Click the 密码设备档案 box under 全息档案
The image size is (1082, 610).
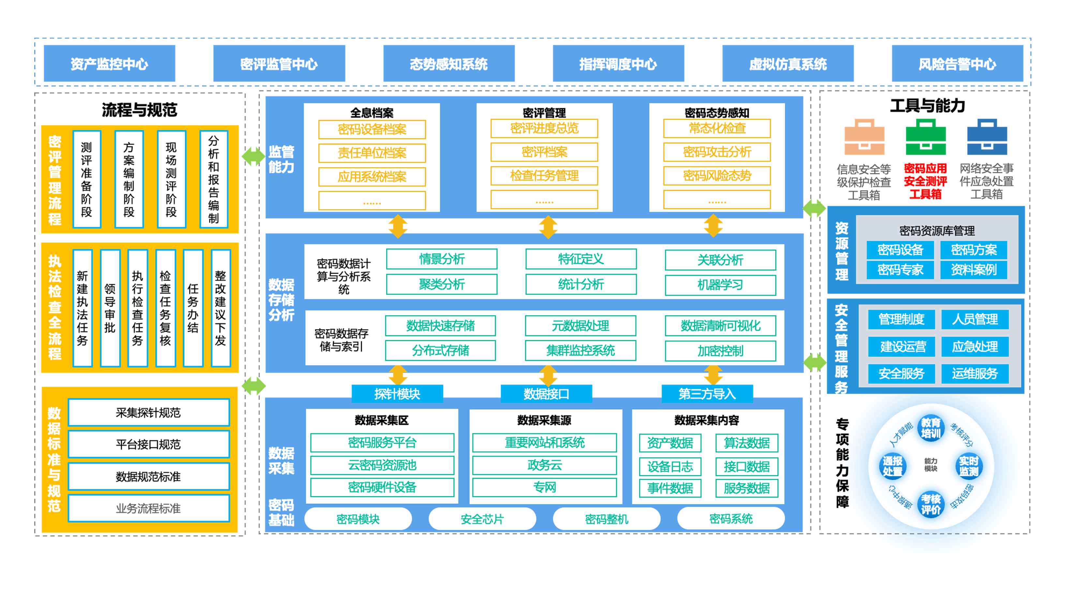pyautogui.click(x=372, y=130)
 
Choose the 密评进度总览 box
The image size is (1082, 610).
pyautogui.click(x=544, y=129)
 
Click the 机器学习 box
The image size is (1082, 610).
pyautogui.click(x=720, y=285)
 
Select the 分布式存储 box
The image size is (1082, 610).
pyautogui.click(x=440, y=350)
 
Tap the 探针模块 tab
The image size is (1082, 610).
pyautogui.click(x=397, y=394)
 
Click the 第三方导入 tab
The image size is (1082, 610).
pyautogui.click(x=707, y=394)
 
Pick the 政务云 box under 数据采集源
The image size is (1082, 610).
pyautogui.click(x=544, y=465)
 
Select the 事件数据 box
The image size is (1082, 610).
pyautogui.click(x=670, y=488)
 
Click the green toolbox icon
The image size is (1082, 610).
pyautogui.click(x=925, y=137)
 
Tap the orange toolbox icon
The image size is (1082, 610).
pyautogui.click(x=864, y=137)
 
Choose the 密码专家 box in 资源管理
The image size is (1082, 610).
pyautogui.click(x=900, y=270)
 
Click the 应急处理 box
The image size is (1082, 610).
pyautogui.click(x=974, y=346)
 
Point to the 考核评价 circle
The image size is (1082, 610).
pyautogui.click(x=930, y=504)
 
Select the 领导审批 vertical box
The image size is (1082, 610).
pyautogui.click(x=110, y=308)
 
